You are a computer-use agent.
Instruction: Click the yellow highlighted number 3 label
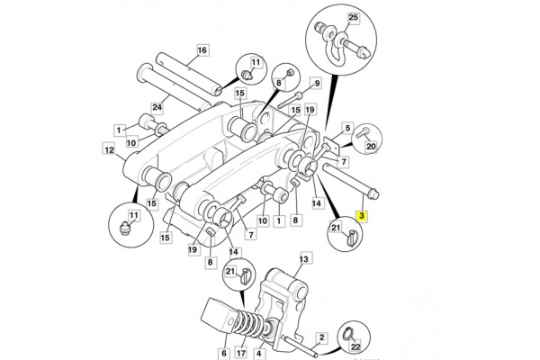tap(362, 216)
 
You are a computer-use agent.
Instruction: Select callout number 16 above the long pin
tap(202, 50)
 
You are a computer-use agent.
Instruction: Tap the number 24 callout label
tap(157, 107)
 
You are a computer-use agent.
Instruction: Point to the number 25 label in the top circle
tap(354, 18)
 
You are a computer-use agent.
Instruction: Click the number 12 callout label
tap(109, 150)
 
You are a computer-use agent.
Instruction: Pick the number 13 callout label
tap(304, 258)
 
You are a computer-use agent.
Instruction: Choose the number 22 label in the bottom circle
tap(355, 346)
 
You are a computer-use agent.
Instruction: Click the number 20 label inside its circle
tap(371, 147)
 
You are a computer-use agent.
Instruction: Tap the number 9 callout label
tap(317, 84)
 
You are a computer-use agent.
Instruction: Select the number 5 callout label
tap(347, 128)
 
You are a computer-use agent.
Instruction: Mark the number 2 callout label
tap(321, 337)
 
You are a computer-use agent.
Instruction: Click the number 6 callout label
tap(224, 353)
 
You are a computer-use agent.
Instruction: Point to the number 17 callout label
tap(241, 353)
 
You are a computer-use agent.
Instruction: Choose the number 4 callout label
tap(258, 353)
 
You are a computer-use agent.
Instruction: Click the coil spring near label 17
tap(249, 324)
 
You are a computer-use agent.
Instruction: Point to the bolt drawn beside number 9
tap(290, 100)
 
